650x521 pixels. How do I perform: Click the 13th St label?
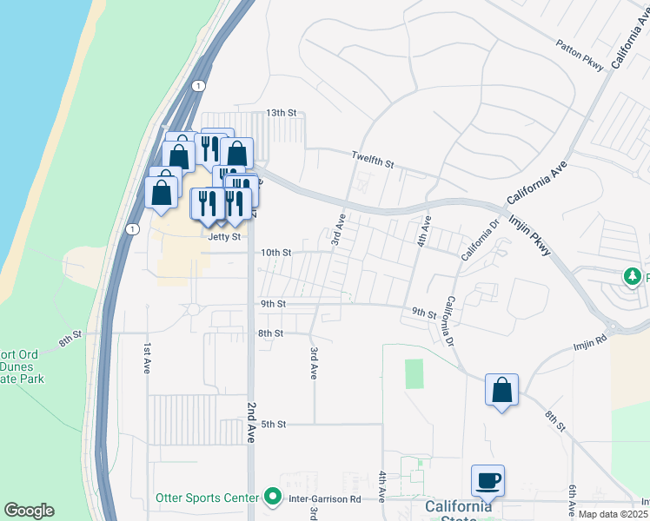point(281,114)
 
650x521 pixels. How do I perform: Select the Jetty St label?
point(223,235)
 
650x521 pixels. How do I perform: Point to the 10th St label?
point(275,253)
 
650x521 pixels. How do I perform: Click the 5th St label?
point(274,424)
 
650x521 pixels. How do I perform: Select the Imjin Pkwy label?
point(529,234)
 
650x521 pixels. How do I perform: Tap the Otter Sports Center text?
point(207,498)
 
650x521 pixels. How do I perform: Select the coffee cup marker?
point(487,479)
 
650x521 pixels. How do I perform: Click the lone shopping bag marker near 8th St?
point(501,390)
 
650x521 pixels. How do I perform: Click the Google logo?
point(29,511)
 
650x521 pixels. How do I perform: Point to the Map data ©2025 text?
point(613,514)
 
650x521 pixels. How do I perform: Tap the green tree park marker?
point(633,276)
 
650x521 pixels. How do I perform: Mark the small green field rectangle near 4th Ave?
point(415,374)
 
